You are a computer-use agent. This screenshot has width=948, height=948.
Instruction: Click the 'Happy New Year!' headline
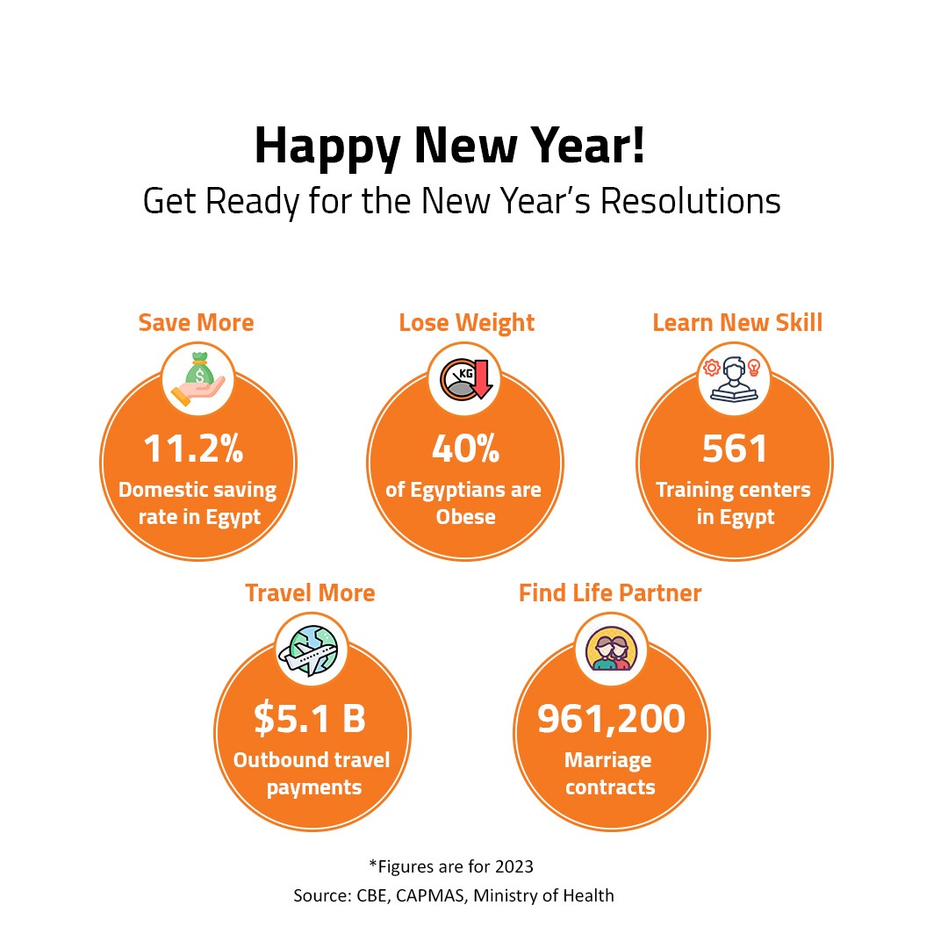pos(449,147)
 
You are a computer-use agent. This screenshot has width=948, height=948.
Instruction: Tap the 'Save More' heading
pos(196,322)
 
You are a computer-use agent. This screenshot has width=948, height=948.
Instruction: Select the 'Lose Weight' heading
pos(466,322)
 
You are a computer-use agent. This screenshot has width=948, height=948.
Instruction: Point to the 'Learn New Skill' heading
pos(737,322)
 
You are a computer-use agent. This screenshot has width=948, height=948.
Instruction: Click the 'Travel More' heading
pos(310,592)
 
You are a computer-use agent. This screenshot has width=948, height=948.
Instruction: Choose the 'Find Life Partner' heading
pos(610,592)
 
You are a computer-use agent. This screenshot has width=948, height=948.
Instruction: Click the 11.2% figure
pos(193,449)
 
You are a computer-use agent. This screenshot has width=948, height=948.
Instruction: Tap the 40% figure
pos(465,449)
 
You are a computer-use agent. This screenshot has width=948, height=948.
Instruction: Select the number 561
pos(735,449)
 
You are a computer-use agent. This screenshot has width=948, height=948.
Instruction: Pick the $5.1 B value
pos(310,719)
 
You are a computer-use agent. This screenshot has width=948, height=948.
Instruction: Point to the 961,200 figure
pos(611,719)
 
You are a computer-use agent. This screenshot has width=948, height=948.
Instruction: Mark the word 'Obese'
pos(465,517)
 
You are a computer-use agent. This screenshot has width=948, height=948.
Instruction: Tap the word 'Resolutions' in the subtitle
pos(690,201)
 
